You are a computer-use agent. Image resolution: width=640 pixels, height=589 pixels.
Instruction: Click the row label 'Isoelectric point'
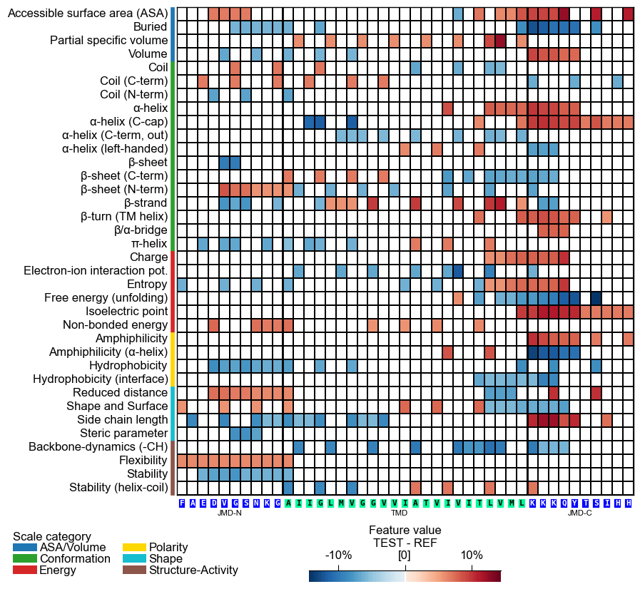[126, 311]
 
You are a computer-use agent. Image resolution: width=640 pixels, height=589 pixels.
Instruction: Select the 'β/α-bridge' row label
[141, 230]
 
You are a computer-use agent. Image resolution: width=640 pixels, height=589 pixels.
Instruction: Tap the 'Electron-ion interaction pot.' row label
[96, 270]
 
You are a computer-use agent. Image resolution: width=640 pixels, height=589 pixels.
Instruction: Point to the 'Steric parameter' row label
[123, 433]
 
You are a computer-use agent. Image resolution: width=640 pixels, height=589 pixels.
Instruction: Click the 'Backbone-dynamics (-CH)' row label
[98, 446]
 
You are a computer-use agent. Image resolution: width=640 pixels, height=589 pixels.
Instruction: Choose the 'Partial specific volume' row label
[109, 41]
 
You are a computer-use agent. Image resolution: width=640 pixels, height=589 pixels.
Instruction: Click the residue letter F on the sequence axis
[182, 503]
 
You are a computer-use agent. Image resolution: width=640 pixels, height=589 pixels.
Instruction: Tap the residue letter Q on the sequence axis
[564, 503]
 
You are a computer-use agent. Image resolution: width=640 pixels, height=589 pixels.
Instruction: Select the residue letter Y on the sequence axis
[575, 503]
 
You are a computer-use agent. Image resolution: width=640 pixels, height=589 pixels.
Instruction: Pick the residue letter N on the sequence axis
[256, 503]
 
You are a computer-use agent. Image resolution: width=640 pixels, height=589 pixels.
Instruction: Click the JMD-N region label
[230, 513]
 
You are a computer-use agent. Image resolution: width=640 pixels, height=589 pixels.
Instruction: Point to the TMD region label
[399, 513]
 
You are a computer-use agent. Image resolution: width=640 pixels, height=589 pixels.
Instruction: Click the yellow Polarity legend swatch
[134, 548]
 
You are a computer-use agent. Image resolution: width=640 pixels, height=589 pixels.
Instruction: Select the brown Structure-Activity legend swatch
[134, 570]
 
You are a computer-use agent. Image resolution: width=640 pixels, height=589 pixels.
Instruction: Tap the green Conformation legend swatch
[24, 558]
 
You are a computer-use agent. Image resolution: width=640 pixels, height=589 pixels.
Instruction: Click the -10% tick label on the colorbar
[338, 555]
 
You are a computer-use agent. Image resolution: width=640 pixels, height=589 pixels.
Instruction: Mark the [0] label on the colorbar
[405, 555]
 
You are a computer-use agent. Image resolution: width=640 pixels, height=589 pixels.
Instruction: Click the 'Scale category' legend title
[52, 536]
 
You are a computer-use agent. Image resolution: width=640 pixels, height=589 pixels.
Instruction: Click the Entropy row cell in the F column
[182, 285]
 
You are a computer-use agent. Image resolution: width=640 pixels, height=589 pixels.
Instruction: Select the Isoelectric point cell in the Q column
[564, 312]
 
